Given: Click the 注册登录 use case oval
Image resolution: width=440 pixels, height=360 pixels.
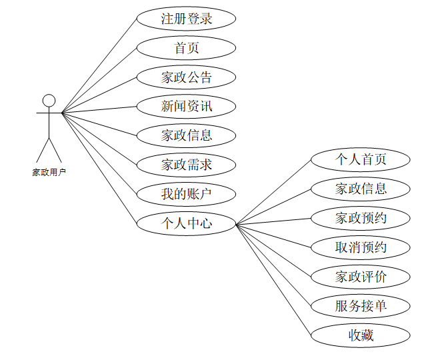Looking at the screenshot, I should point(187,19).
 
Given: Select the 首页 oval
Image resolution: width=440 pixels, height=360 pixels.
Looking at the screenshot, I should point(187,48).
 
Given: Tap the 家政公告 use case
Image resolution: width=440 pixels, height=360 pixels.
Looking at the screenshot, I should point(187,77).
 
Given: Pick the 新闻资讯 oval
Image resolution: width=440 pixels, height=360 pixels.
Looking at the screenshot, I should point(187,106).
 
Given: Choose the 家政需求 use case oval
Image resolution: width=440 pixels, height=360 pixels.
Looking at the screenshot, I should point(187,165).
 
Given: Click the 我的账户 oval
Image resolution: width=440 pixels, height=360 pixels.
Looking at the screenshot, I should point(187,194).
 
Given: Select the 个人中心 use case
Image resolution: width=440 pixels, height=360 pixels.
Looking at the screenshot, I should point(187,223).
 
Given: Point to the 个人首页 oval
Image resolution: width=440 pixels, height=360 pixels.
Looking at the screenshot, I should point(361,160).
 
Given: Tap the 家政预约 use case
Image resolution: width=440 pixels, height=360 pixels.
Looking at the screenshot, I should point(361,218).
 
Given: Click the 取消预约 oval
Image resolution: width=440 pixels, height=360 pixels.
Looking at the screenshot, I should point(361,247).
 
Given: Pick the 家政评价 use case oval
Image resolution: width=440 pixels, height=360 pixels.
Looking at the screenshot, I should point(361,277).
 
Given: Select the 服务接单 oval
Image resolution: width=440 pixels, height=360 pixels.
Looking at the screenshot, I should point(361,306).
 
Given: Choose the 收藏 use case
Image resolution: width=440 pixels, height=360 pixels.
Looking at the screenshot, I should point(361,335).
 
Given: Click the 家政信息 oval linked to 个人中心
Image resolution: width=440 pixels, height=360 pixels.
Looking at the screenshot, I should point(361,189).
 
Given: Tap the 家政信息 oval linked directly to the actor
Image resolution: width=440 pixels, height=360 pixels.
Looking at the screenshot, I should point(187,135).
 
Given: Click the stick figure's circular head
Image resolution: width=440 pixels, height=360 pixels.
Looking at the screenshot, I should point(49,101).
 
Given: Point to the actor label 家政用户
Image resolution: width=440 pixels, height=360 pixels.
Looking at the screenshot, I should point(49,172).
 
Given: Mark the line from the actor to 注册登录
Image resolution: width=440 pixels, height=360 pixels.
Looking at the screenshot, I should point(100,65).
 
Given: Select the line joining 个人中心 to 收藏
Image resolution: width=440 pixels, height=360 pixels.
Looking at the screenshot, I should point(273,279).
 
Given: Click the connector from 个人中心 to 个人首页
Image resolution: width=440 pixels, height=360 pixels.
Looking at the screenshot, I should point(273,191).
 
